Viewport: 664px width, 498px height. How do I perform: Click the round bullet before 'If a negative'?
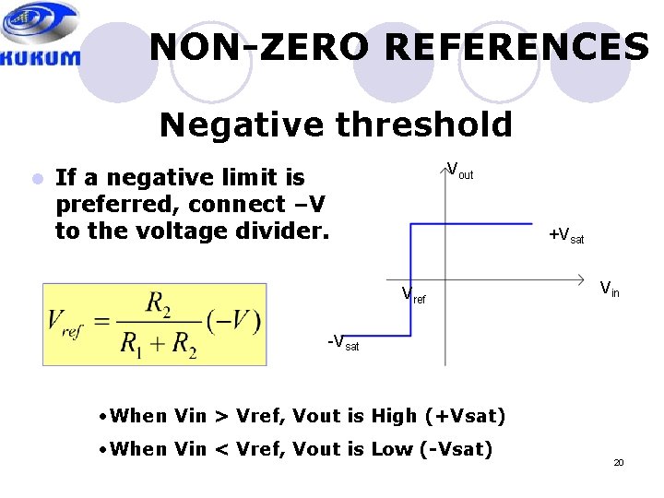tap(37, 178)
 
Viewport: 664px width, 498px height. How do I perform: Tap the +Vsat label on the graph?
tap(566, 237)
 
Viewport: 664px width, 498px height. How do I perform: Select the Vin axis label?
tap(610, 290)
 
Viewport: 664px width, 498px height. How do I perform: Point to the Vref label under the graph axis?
tap(413, 296)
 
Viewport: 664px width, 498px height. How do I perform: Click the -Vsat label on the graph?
tap(343, 343)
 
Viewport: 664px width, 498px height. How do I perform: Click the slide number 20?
tap(619, 462)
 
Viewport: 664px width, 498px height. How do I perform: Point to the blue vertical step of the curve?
tap(409, 277)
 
